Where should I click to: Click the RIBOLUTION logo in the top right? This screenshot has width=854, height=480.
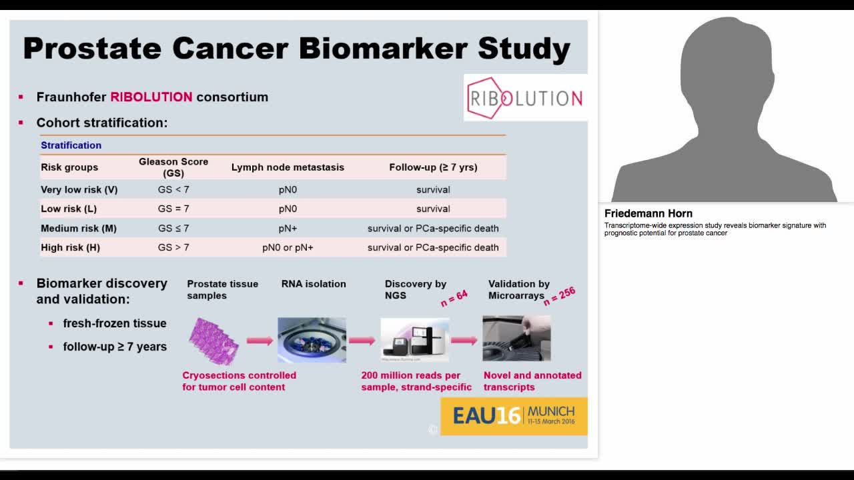coord(525,98)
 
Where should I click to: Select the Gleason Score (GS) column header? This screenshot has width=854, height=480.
coord(173,167)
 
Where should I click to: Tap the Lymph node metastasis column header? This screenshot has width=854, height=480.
coord(288,167)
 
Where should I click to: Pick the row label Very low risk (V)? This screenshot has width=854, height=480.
coord(79,189)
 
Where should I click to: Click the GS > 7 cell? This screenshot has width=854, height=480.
coord(173,247)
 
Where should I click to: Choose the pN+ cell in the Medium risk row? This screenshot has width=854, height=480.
coord(288,228)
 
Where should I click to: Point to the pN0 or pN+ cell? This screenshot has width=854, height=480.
coord(288,247)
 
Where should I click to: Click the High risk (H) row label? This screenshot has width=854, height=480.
coord(70,247)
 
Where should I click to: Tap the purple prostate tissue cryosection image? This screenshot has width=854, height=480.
coord(213,340)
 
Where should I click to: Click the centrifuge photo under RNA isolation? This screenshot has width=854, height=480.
coord(312,340)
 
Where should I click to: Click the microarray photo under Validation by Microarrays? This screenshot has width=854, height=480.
coord(516,339)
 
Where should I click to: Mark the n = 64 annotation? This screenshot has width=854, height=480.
coord(454,298)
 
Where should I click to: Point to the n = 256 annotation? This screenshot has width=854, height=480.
coord(559,297)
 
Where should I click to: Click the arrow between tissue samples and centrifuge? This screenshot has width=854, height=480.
coord(260,341)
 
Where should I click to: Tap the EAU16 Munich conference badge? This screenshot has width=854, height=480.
coord(514,416)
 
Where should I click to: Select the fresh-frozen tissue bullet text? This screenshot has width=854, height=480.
coord(115,323)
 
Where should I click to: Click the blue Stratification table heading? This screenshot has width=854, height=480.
coord(71,145)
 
